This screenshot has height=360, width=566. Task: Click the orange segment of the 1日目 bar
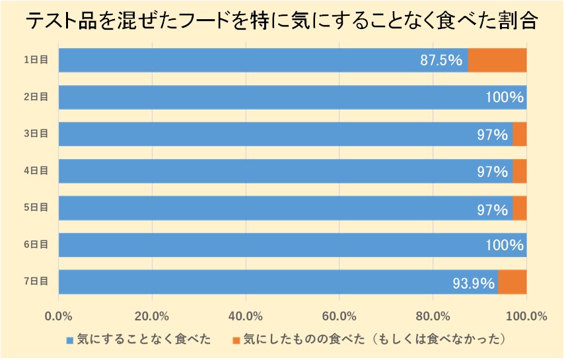497,60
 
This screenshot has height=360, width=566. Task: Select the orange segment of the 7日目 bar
512,282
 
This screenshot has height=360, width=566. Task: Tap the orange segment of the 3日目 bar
519,134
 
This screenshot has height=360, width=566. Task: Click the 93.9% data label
474,283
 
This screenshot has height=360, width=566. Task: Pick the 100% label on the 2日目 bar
503,98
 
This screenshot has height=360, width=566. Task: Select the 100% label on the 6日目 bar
503,246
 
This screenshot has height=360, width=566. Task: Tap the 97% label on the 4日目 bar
492,172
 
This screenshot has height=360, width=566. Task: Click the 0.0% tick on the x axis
59,315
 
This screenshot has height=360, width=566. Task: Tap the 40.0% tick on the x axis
246,315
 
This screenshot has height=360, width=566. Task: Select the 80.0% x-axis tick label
433,315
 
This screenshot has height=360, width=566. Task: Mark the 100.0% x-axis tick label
526,315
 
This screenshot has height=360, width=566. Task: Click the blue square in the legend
70,340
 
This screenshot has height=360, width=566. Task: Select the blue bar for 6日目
277,245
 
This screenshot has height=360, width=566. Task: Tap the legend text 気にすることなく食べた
144,340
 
